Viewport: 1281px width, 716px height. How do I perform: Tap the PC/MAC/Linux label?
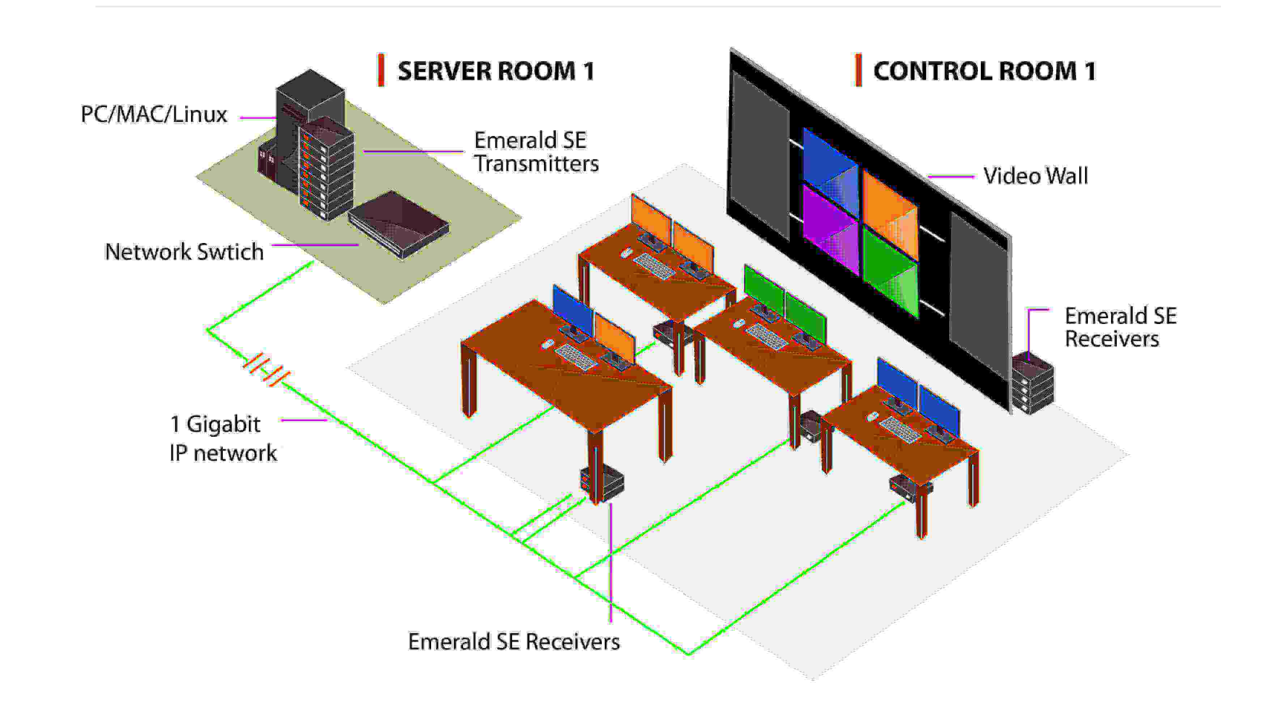pyautogui.click(x=154, y=114)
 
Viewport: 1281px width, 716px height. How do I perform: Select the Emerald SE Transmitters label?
pyautogui.click(x=536, y=152)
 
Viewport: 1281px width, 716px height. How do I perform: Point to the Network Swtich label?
pyautogui.click(x=184, y=252)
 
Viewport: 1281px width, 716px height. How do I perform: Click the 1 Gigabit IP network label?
pyautogui.click(x=222, y=438)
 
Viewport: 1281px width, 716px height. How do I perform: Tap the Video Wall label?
pyautogui.click(x=1035, y=176)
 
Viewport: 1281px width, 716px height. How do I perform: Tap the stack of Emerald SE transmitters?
pyautogui.click(x=326, y=169)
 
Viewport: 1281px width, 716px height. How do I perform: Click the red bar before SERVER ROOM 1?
pyautogui.click(x=381, y=70)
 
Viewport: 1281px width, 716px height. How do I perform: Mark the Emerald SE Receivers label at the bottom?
pyautogui.click(x=514, y=642)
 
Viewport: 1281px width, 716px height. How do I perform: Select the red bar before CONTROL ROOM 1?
pyautogui.click(x=858, y=70)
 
